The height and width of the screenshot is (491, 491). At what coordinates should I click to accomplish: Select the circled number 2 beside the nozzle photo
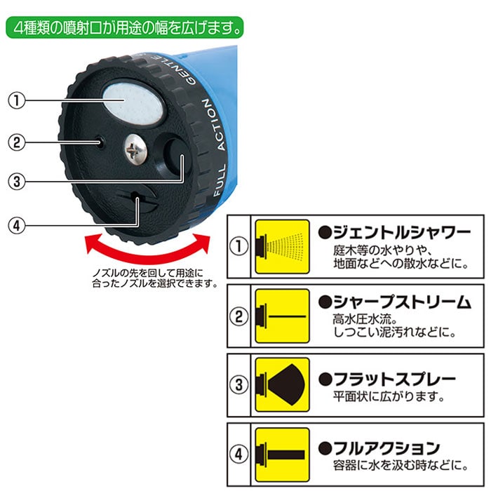(x=15, y=142)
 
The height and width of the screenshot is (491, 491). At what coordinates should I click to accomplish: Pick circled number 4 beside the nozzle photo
(x=15, y=226)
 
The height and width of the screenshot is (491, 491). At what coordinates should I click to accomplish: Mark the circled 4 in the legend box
(x=240, y=452)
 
